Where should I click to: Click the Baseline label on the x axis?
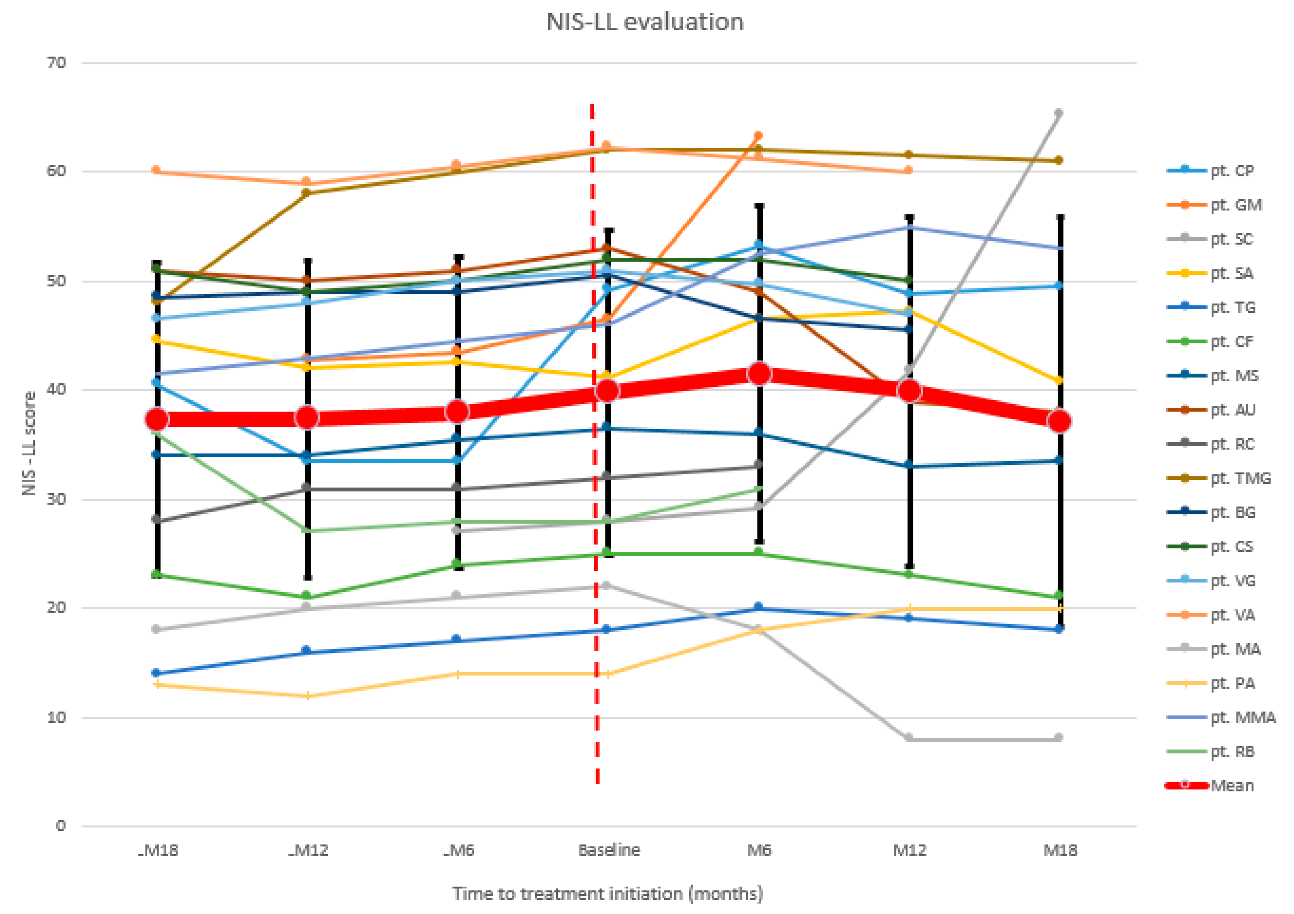(x=609, y=850)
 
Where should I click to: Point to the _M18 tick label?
(x=158, y=850)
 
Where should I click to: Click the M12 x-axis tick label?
(x=909, y=850)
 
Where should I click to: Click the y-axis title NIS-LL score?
(x=29, y=444)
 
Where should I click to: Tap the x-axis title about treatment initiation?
(x=607, y=894)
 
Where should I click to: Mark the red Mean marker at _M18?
(x=157, y=419)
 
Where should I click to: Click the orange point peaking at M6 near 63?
(x=758, y=136)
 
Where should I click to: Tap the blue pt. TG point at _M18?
(x=157, y=673)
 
